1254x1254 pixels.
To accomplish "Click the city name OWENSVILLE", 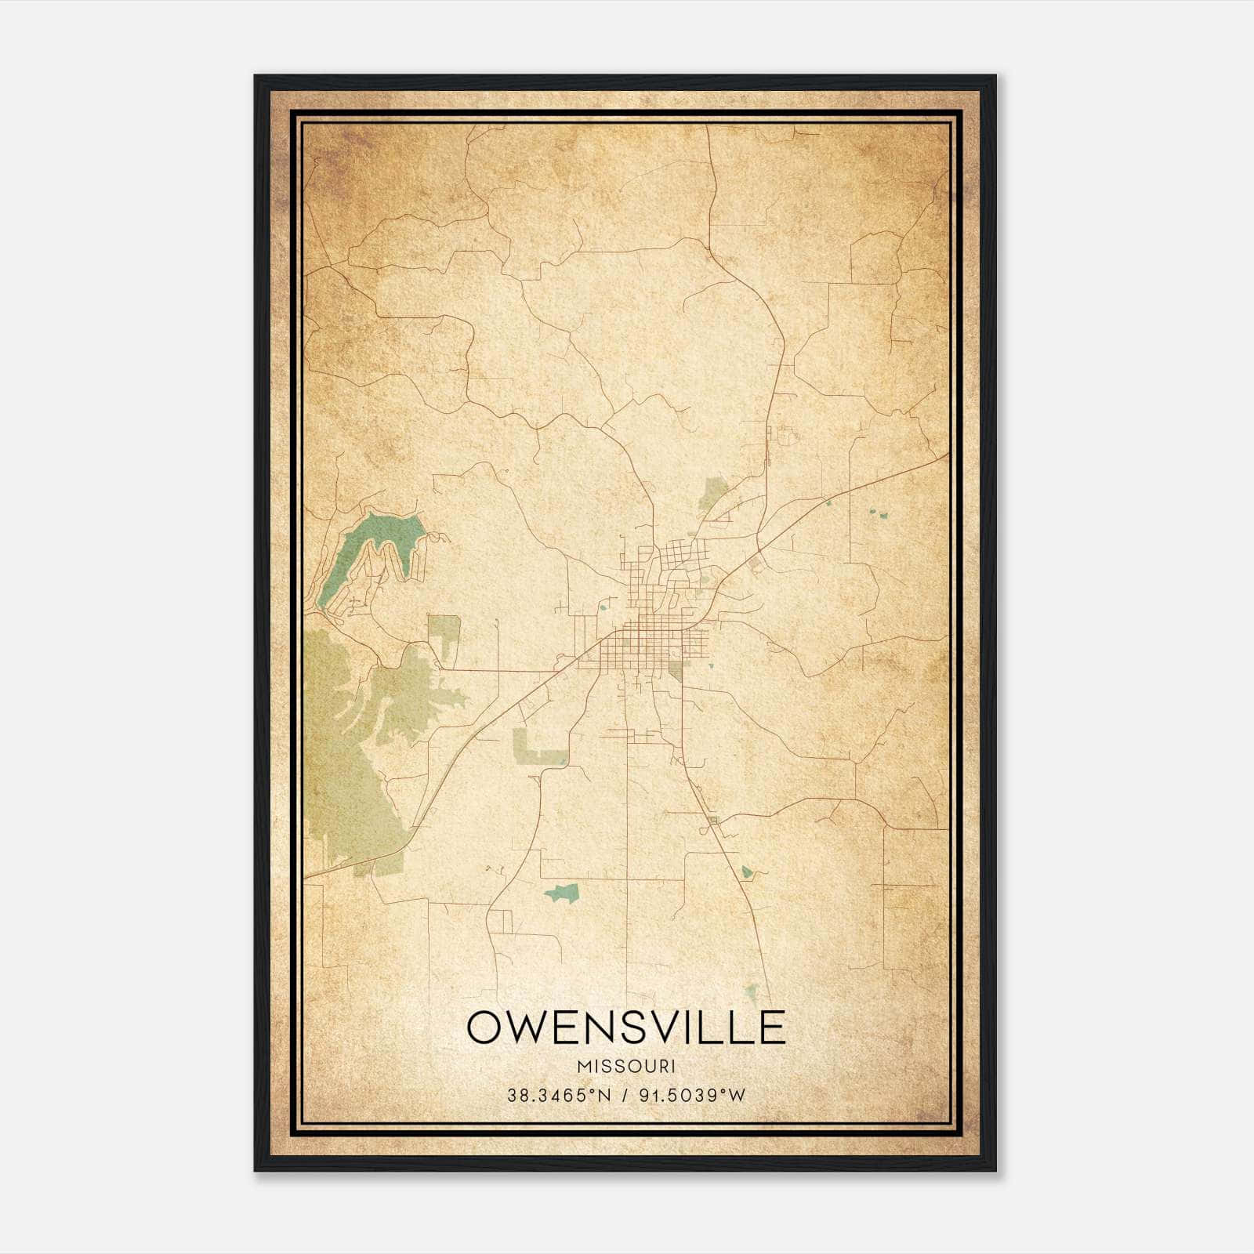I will (x=626, y=1027).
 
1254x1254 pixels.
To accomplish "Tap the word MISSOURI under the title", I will (x=626, y=1067).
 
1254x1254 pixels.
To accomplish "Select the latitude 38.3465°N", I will (x=557, y=1095).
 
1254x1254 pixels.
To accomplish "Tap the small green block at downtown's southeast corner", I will (x=676, y=670).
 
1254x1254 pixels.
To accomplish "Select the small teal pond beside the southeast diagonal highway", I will (x=747, y=871).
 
